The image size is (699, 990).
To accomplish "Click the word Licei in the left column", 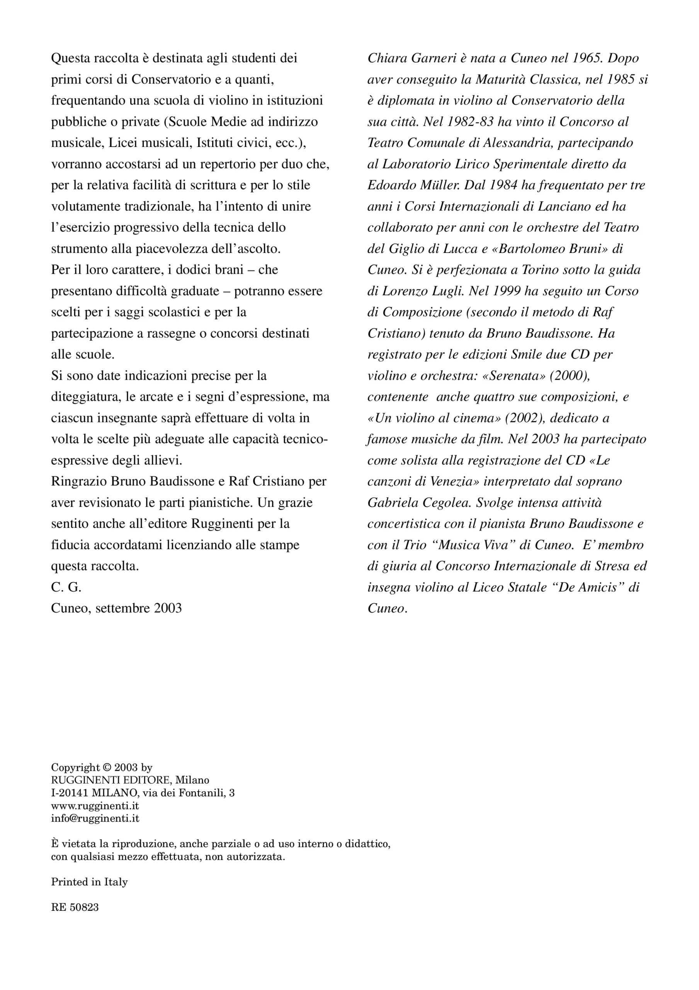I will (122, 143).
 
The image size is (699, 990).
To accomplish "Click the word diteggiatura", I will (86, 397).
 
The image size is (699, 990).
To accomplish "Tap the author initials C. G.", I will (66, 587).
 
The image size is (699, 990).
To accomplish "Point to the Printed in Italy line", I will (89, 882).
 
